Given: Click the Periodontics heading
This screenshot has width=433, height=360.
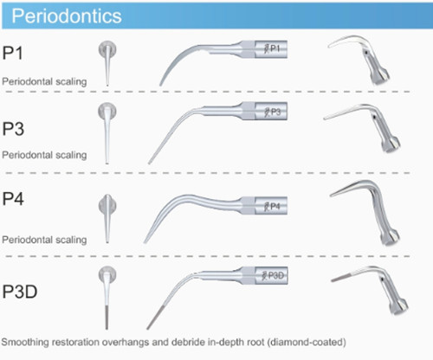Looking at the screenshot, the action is tap(67, 16).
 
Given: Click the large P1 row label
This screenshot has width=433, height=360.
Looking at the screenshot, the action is tap(12, 53).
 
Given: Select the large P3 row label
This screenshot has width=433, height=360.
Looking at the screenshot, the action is tap(13, 129).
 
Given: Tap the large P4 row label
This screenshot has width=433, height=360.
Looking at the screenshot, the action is tap(13, 199).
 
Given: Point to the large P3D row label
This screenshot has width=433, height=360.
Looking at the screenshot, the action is tap(20, 292).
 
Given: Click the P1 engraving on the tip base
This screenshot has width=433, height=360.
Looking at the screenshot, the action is tap(272, 48).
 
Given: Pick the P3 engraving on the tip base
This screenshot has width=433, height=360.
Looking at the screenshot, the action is tap(273, 112).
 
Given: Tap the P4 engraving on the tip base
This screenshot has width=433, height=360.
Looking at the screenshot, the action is tap(272, 206).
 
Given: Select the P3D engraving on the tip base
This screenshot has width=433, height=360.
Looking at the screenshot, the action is tap(273, 275).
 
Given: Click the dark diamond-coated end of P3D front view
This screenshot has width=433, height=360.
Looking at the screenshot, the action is tap(107, 318).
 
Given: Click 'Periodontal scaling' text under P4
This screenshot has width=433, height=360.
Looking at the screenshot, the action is tap(44, 240).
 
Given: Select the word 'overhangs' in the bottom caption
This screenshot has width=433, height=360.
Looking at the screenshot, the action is tap(126, 343).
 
